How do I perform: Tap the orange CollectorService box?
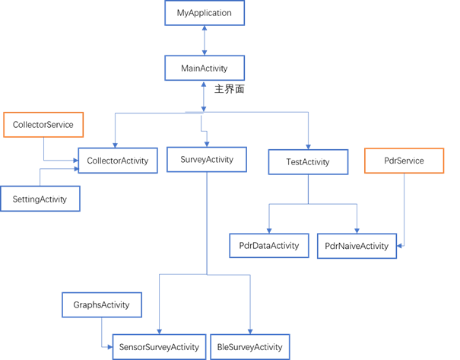pyautogui.click(x=43, y=125)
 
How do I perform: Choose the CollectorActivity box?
pyautogui.click(x=118, y=161)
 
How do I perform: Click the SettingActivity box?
pyautogui.click(x=40, y=199)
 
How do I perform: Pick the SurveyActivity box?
pyautogui.click(x=207, y=160)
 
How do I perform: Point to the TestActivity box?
pyautogui.click(x=308, y=162)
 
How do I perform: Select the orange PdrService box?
pyautogui.click(x=404, y=161)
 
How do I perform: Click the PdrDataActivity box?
pyautogui.click(x=268, y=245)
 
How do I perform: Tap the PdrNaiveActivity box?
pyautogui.click(x=357, y=246)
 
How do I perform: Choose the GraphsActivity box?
pyautogui.click(x=101, y=305)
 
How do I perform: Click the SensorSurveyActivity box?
pyautogui.click(x=159, y=346)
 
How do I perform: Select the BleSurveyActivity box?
pyautogui.click(x=250, y=346)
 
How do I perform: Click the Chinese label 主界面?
pyautogui.click(x=229, y=89)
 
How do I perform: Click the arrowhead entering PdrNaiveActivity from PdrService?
pyautogui.click(x=400, y=246)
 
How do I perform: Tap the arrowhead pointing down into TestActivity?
pyautogui.click(x=308, y=146)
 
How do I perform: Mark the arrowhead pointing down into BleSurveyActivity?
pyautogui.click(x=250, y=330)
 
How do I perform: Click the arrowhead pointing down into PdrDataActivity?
pyautogui.click(x=268, y=229)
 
